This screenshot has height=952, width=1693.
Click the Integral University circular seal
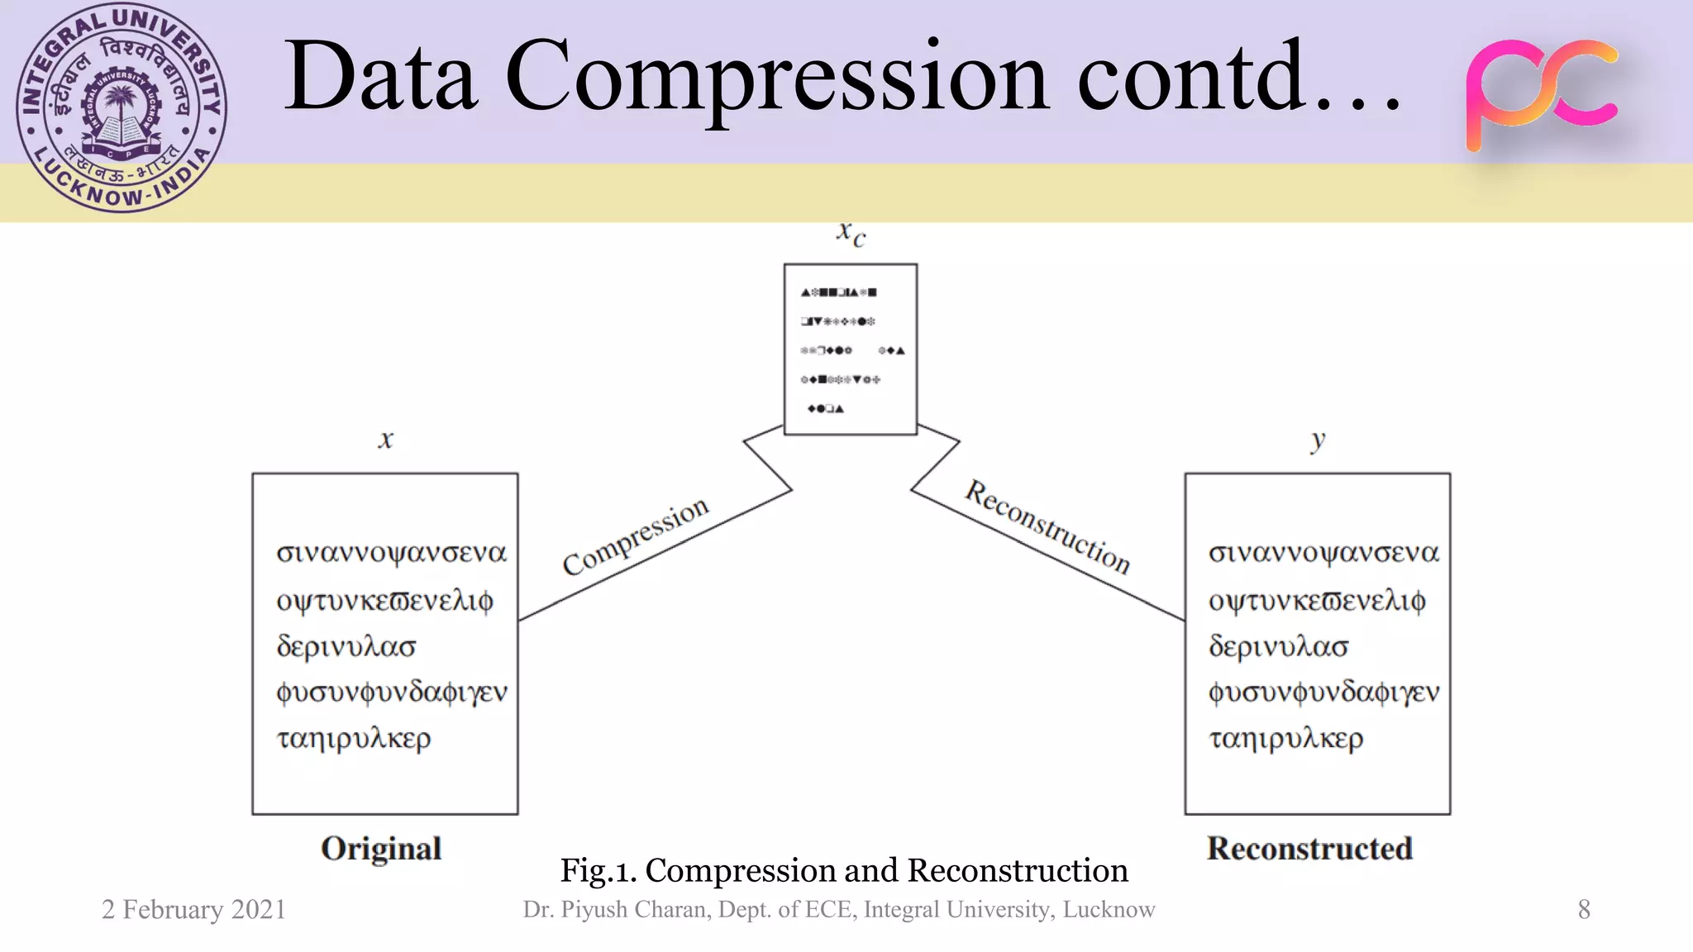[122, 107]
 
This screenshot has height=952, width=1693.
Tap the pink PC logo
[1541, 93]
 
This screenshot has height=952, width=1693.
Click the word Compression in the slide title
[777, 79]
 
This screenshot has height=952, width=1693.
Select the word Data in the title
[381, 79]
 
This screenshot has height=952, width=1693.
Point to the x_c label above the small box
[851, 234]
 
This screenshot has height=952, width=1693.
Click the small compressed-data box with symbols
[851, 350]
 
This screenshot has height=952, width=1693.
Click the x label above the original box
[385, 439]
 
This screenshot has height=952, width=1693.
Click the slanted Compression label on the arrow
[635, 536]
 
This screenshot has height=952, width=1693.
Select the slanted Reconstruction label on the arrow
[1047, 526]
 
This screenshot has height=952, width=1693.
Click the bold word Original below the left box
[381, 849]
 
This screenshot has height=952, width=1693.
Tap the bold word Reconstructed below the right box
[1309, 849]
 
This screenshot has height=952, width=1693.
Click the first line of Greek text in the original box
[391, 552]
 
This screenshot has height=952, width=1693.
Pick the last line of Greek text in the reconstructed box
[1285, 738]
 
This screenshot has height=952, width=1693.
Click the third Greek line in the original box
[346, 645]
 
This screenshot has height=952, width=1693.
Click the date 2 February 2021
[193, 910]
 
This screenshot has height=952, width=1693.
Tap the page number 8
[1583, 910]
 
